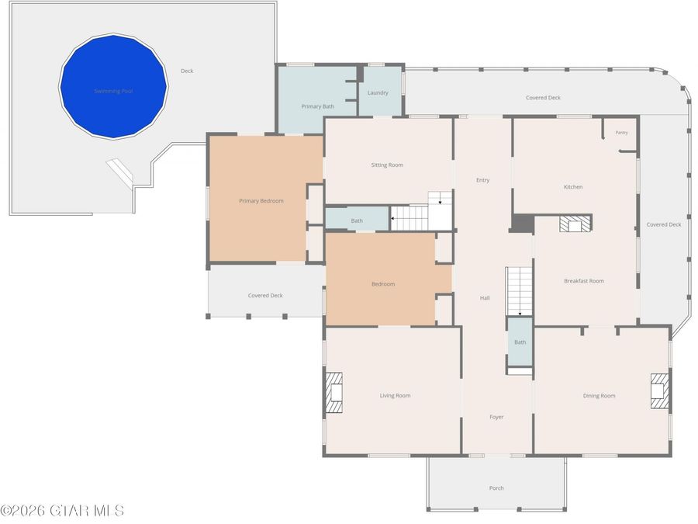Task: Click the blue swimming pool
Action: (x=113, y=86)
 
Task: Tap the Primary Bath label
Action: (x=318, y=106)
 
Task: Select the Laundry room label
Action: (x=378, y=92)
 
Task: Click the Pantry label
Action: (x=621, y=133)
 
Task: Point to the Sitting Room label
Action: (x=387, y=165)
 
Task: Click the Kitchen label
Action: (x=573, y=187)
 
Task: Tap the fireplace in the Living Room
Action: (x=333, y=393)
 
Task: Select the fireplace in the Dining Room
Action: (x=660, y=391)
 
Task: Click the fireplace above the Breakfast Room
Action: (x=575, y=224)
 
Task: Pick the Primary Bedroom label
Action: (x=261, y=201)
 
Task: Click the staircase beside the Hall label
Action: (x=519, y=292)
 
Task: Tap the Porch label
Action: (x=496, y=488)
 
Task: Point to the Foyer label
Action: (x=496, y=417)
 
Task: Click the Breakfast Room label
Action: (x=584, y=281)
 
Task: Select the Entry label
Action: (x=483, y=180)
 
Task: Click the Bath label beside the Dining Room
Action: (x=520, y=342)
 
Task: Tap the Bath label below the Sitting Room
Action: (x=357, y=220)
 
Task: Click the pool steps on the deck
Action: (x=119, y=172)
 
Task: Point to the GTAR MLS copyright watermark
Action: (x=62, y=511)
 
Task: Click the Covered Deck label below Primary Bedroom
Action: (x=265, y=296)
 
